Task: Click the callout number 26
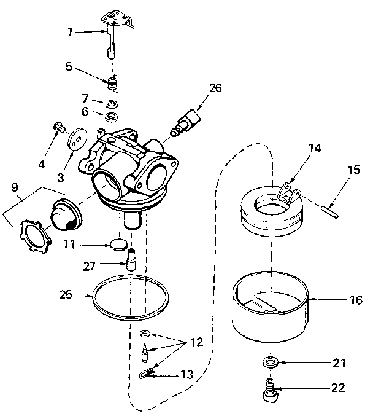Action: click(x=215, y=88)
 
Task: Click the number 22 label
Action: click(x=338, y=388)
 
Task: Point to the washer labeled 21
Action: click(x=269, y=362)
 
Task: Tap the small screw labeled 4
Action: click(x=60, y=127)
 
